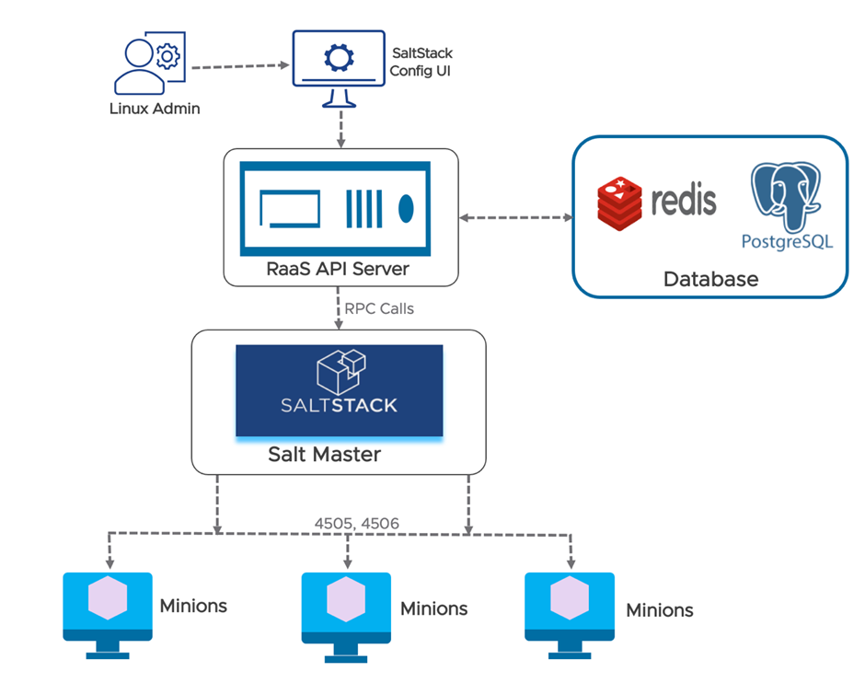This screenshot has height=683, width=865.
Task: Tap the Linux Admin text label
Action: click(x=153, y=109)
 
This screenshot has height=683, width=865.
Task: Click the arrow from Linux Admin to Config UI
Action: click(x=237, y=66)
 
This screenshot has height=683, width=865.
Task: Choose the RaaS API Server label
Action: click(x=340, y=269)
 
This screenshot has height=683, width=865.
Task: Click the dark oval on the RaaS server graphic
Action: click(x=406, y=209)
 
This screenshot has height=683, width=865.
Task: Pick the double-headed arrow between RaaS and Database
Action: click(x=515, y=218)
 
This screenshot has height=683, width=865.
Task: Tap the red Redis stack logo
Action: click(x=620, y=203)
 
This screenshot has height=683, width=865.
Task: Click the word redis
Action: click(x=683, y=201)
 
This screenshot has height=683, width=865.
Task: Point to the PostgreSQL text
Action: click(x=787, y=242)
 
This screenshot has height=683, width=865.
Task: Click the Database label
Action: click(x=710, y=279)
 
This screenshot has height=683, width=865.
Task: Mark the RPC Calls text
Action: click(x=378, y=308)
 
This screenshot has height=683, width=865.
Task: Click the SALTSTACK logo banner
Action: click(x=340, y=390)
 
